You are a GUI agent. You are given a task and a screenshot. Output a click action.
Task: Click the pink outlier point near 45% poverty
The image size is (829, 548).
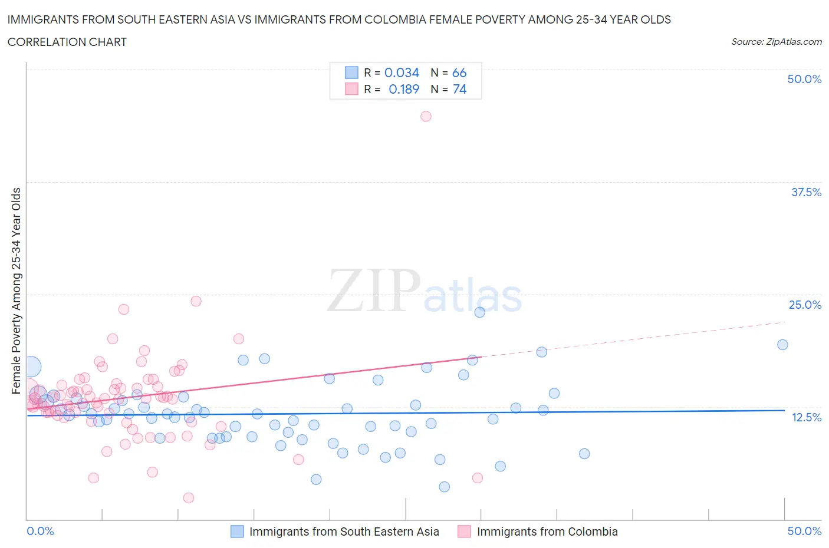tap(426, 116)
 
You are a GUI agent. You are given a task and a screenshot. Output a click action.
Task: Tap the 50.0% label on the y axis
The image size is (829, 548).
tap(804, 79)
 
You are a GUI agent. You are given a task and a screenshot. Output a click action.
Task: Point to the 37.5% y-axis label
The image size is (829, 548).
tap(805, 192)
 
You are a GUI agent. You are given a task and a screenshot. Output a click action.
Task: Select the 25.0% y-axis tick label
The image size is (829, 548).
tap(804, 305)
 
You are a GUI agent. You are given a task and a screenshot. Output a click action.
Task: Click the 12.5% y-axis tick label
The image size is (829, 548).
tap(805, 417)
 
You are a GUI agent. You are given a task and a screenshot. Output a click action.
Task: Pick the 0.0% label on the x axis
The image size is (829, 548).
tap(40, 531)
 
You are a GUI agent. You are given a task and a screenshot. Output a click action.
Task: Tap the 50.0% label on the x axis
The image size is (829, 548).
tap(804, 531)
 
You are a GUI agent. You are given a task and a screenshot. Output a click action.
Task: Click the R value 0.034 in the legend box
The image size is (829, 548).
tap(402, 72)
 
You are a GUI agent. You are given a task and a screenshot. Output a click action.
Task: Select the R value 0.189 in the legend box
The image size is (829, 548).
tap(404, 89)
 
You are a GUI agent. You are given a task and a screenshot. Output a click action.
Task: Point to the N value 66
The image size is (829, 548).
tap(459, 72)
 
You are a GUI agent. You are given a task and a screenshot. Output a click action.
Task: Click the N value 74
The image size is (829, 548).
tap(459, 89)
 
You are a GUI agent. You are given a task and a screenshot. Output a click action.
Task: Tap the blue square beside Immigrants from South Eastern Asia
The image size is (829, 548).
tap(237, 532)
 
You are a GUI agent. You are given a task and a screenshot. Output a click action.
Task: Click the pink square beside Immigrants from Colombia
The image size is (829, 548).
tap(465, 532)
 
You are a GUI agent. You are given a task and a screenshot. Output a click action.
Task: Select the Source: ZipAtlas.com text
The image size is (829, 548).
tap(776, 41)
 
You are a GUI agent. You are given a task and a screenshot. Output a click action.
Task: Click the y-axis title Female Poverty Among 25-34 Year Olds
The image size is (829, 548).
tap(16, 290)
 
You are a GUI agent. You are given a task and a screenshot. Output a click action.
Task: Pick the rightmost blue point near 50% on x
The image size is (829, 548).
tap(782, 345)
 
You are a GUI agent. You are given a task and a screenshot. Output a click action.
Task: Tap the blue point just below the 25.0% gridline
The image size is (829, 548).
tap(479, 312)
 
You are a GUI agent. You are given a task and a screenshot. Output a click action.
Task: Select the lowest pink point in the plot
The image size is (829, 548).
tap(189, 498)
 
